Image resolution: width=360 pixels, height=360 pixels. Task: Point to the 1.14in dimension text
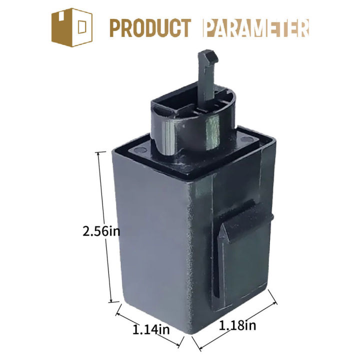click(x=151, y=329)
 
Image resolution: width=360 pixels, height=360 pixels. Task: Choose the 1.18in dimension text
click(x=238, y=326)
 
